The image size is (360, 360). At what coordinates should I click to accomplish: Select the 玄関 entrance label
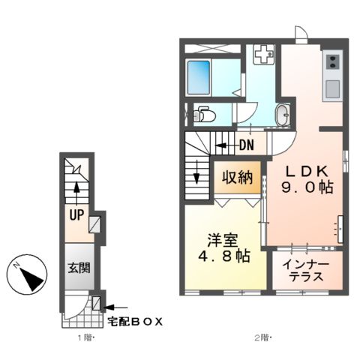pyautogui.click(x=79, y=268)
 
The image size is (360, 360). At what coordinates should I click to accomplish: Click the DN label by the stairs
pyautogui.click(x=245, y=145)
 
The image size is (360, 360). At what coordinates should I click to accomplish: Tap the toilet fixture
pyautogui.click(x=202, y=115)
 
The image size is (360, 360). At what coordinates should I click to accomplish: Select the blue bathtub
pyautogui.click(x=199, y=76)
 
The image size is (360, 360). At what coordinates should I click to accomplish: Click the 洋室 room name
pyautogui.click(x=223, y=241)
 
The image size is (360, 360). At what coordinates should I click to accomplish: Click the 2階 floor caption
pyautogui.click(x=260, y=338)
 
